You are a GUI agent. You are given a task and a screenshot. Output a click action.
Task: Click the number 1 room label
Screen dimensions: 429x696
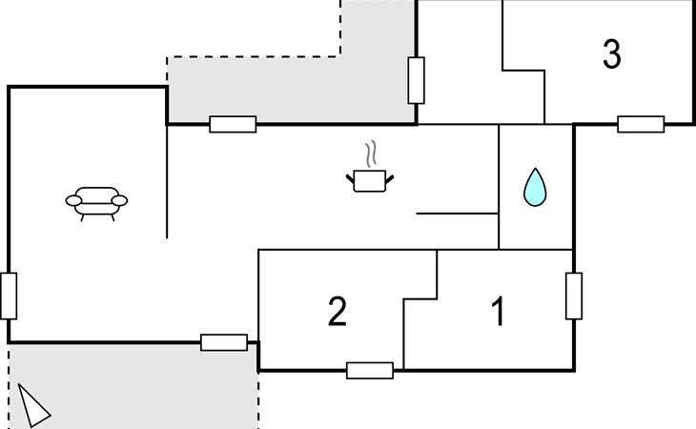(x=497, y=312)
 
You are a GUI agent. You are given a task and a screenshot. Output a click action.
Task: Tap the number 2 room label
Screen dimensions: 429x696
(x=337, y=312)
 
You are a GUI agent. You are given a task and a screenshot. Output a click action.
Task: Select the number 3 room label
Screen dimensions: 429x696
(x=612, y=55)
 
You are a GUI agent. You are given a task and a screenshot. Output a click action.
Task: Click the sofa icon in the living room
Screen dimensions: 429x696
(x=96, y=202)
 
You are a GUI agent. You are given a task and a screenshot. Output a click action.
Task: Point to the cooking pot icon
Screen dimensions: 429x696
(x=370, y=179)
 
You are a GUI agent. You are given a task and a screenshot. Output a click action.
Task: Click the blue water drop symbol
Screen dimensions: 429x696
(x=536, y=188)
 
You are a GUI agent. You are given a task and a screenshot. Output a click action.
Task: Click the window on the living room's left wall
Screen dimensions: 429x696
(x=9, y=296)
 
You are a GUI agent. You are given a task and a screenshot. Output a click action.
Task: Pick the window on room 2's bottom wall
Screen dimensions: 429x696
(x=370, y=370)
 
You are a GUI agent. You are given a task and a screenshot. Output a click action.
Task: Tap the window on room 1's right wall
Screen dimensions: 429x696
(x=574, y=296)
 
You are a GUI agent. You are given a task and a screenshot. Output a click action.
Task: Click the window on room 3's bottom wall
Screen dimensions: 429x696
(x=641, y=124)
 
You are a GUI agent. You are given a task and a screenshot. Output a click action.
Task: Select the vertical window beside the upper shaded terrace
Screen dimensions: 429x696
(x=416, y=80)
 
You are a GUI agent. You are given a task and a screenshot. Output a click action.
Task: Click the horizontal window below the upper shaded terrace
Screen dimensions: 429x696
(x=233, y=124)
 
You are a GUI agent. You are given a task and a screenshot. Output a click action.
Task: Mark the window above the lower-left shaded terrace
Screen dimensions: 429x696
(x=224, y=342)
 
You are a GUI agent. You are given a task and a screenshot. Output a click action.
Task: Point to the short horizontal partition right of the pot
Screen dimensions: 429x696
(x=458, y=214)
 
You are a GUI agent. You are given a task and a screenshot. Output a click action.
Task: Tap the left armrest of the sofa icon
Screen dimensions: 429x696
(x=72, y=200)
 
